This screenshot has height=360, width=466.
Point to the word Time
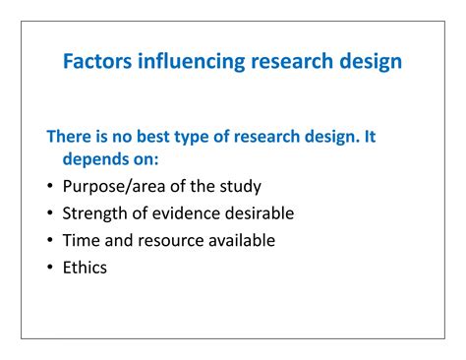(81, 239)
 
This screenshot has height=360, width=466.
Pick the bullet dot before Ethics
(50, 266)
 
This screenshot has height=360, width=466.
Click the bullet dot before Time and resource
(50, 240)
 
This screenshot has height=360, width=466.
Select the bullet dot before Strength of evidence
(50, 213)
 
